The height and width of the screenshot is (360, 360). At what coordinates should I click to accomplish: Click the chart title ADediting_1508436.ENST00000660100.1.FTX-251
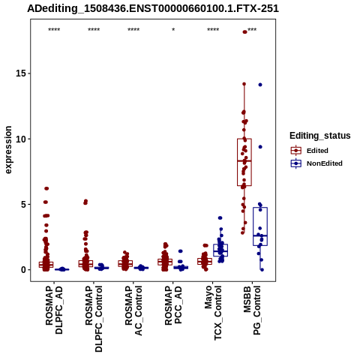point(153,8)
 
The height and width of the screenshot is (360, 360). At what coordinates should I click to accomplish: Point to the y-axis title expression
point(8,150)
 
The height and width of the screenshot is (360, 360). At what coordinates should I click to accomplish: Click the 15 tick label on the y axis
point(21,73)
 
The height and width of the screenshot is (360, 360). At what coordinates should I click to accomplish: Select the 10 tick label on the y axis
point(21,139)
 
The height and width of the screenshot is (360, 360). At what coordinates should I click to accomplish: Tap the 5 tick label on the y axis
point(24,204)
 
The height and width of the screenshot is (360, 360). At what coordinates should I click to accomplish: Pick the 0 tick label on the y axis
point(24,270)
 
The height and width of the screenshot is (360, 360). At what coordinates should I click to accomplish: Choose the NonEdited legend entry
point(316,163)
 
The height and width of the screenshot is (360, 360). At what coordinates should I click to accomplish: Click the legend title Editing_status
point(320,136)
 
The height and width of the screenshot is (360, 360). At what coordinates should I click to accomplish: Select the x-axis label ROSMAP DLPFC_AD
point(54,310)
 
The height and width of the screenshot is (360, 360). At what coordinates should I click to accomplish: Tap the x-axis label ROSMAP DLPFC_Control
point(94,319)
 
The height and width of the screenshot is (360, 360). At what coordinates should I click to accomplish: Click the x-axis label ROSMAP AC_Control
point(133,310)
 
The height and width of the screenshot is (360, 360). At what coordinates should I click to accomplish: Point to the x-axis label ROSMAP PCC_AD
point(173,305)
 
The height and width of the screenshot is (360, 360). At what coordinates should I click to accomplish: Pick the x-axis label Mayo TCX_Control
point(213,313)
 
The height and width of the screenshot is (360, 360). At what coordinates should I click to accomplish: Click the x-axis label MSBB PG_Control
point(252,310)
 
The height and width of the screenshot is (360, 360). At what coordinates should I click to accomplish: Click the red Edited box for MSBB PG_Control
point(244,162)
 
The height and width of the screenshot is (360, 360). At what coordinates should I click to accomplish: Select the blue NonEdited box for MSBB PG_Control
point(260,226)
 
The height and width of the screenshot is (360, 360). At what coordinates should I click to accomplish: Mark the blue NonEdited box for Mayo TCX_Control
point(220,250)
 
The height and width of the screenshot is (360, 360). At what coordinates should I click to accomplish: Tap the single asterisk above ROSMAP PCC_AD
point(173,30)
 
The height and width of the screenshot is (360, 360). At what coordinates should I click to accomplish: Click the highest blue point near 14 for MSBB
point(260,85)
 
